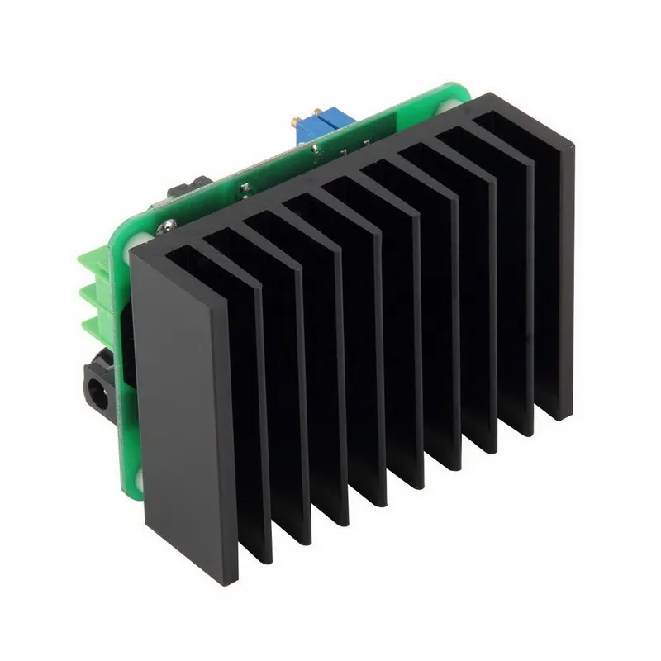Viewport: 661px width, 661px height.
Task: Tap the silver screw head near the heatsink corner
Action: pyautogui.click(x=165, y=225)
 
